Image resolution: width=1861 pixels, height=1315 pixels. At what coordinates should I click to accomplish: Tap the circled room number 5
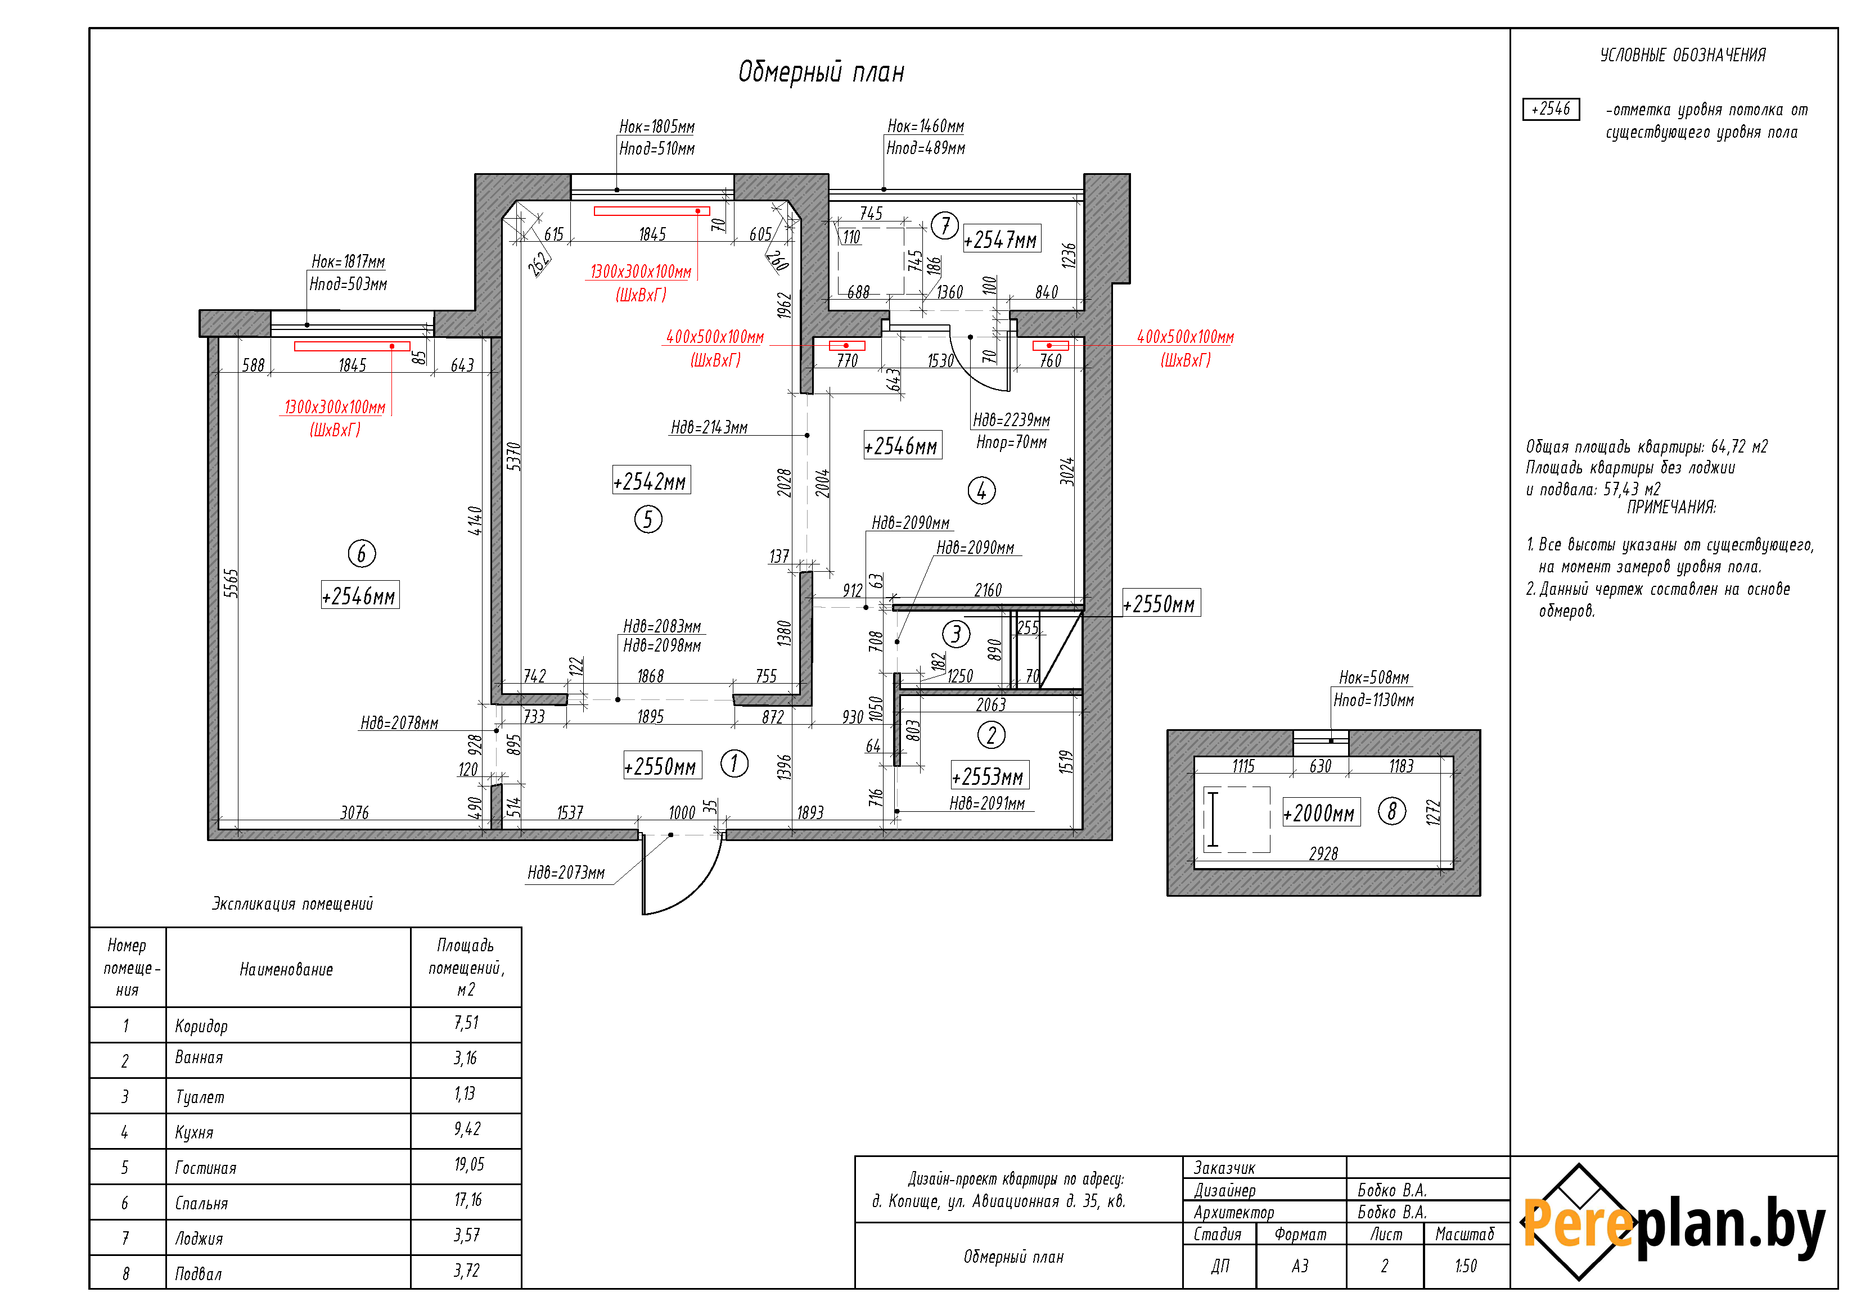pos(648,519)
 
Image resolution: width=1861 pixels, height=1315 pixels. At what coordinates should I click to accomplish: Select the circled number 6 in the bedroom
pos(362,554)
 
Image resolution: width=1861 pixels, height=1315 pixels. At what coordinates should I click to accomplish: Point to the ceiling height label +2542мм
pos(651,481)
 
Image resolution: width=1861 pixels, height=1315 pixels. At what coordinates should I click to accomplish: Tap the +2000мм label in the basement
pos(1321,812)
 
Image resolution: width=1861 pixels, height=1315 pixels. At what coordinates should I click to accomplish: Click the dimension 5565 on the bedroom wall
pos(232,584)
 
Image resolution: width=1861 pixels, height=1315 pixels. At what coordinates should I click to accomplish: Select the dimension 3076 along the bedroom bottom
pos(354,812)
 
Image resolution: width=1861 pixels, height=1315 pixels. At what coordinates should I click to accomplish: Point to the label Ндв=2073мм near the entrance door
pos(566,873)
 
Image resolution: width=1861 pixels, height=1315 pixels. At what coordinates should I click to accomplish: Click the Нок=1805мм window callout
pos(656,126)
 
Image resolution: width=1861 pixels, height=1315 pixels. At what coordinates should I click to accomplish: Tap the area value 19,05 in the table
pos(469,1164)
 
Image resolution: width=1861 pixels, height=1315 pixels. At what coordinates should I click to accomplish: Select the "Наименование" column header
pos(286,969)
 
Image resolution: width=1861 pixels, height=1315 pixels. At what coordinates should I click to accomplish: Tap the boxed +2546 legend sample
pos(1551,109)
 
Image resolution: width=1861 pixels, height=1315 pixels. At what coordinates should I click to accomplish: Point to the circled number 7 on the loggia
pos(944,225)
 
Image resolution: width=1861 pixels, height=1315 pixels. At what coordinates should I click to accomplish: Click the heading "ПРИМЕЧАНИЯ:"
pos(1671,507)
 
